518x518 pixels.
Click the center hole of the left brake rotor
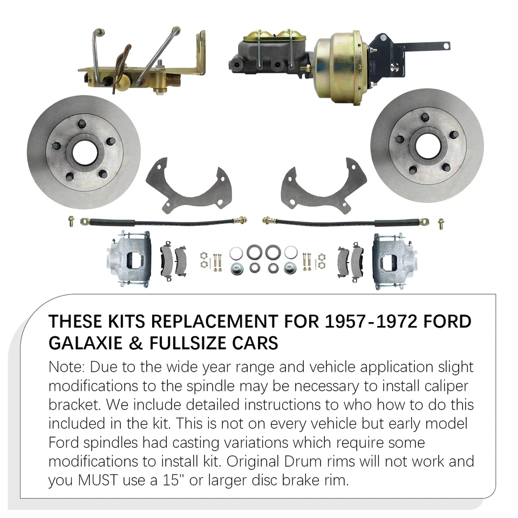pyautogui.click(x=84, y=153)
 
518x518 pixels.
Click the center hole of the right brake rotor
pyautogui.click(x=427, y=145)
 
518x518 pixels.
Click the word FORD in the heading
pyautogui.click(x=447, y=322)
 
